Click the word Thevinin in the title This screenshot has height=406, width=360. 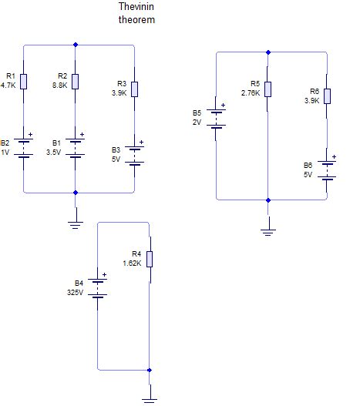[x=136, y=7]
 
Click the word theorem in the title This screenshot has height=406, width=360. [x=136, y=19]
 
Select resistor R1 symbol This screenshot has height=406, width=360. [x=24, y=81]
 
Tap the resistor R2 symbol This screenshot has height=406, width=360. [x=75, y=81]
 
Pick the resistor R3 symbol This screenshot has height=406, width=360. [x=135, y=89]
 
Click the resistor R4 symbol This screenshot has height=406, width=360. [x=149, y=259]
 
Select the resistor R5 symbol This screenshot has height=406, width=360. [x=267, y=89]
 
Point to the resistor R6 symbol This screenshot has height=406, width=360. [x=327, y=96]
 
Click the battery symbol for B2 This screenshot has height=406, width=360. [x=24, y=146]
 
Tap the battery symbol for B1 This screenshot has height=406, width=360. [x=75, y=146]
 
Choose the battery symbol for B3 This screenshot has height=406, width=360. [x=135, y=153]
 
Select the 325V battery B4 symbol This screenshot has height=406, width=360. [x=98, y=287]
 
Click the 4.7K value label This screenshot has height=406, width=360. [x=8, y=86]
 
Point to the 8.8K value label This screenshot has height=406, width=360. [x=60, y=86]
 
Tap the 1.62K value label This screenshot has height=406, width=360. [x=132, y=263]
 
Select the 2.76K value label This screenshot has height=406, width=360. [x=251, y=93]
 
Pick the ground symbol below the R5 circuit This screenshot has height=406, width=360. [x=267, y=229]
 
